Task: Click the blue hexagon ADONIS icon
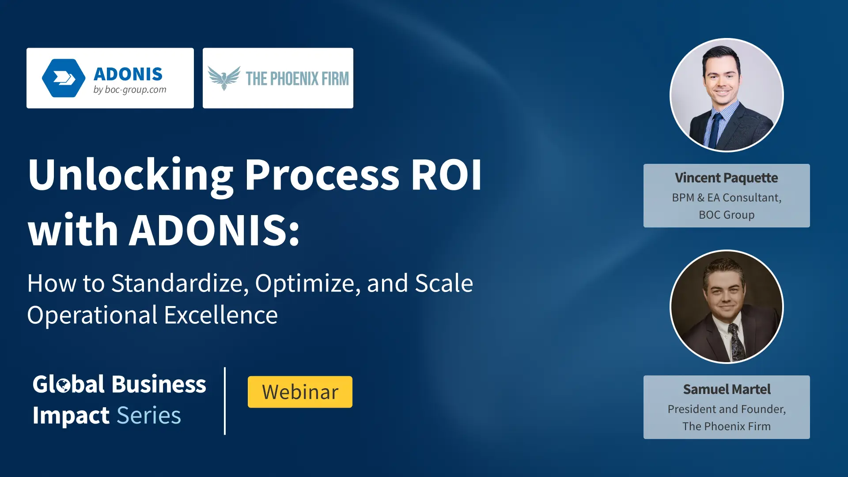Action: point(64,78)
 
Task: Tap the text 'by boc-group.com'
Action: point(130,90)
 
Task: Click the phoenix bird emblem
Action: point(224,78)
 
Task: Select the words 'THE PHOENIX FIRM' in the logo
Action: point(297,79)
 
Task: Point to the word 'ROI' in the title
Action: point(446,175)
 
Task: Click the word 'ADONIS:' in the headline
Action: point(214,230)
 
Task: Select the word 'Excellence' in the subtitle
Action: point(221,315)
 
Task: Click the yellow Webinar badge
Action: point(300,392)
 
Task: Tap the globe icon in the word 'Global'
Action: point(64,385)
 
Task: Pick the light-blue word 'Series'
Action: point(149,415)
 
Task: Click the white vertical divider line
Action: point(225,401)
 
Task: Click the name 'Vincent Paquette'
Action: point(727,178)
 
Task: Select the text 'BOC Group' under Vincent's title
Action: point(727,215)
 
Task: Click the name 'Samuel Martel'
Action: point(727,389)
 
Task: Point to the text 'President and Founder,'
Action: point(727,409)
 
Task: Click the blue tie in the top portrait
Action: point(715,130)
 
